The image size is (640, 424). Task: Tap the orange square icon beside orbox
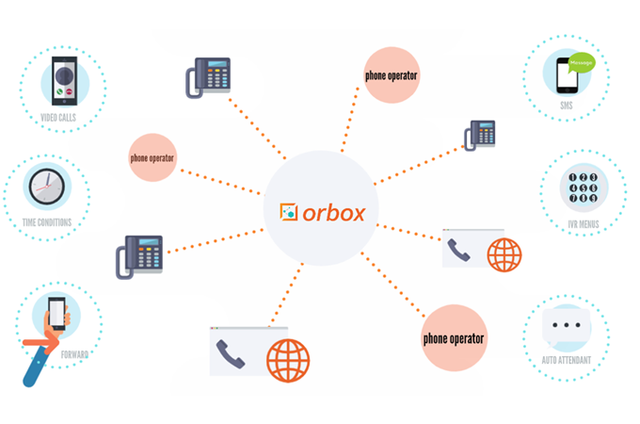point(288,210)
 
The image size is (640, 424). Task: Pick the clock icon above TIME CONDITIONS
point(45,186)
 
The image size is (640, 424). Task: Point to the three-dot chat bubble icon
point(569,325)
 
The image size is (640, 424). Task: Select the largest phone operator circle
point(454,337)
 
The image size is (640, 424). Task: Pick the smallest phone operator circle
point(152,157)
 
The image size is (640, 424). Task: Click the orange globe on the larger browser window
point(286,358)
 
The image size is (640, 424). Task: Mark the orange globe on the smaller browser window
point(504,254)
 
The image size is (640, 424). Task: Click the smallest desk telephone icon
point(481,135)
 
